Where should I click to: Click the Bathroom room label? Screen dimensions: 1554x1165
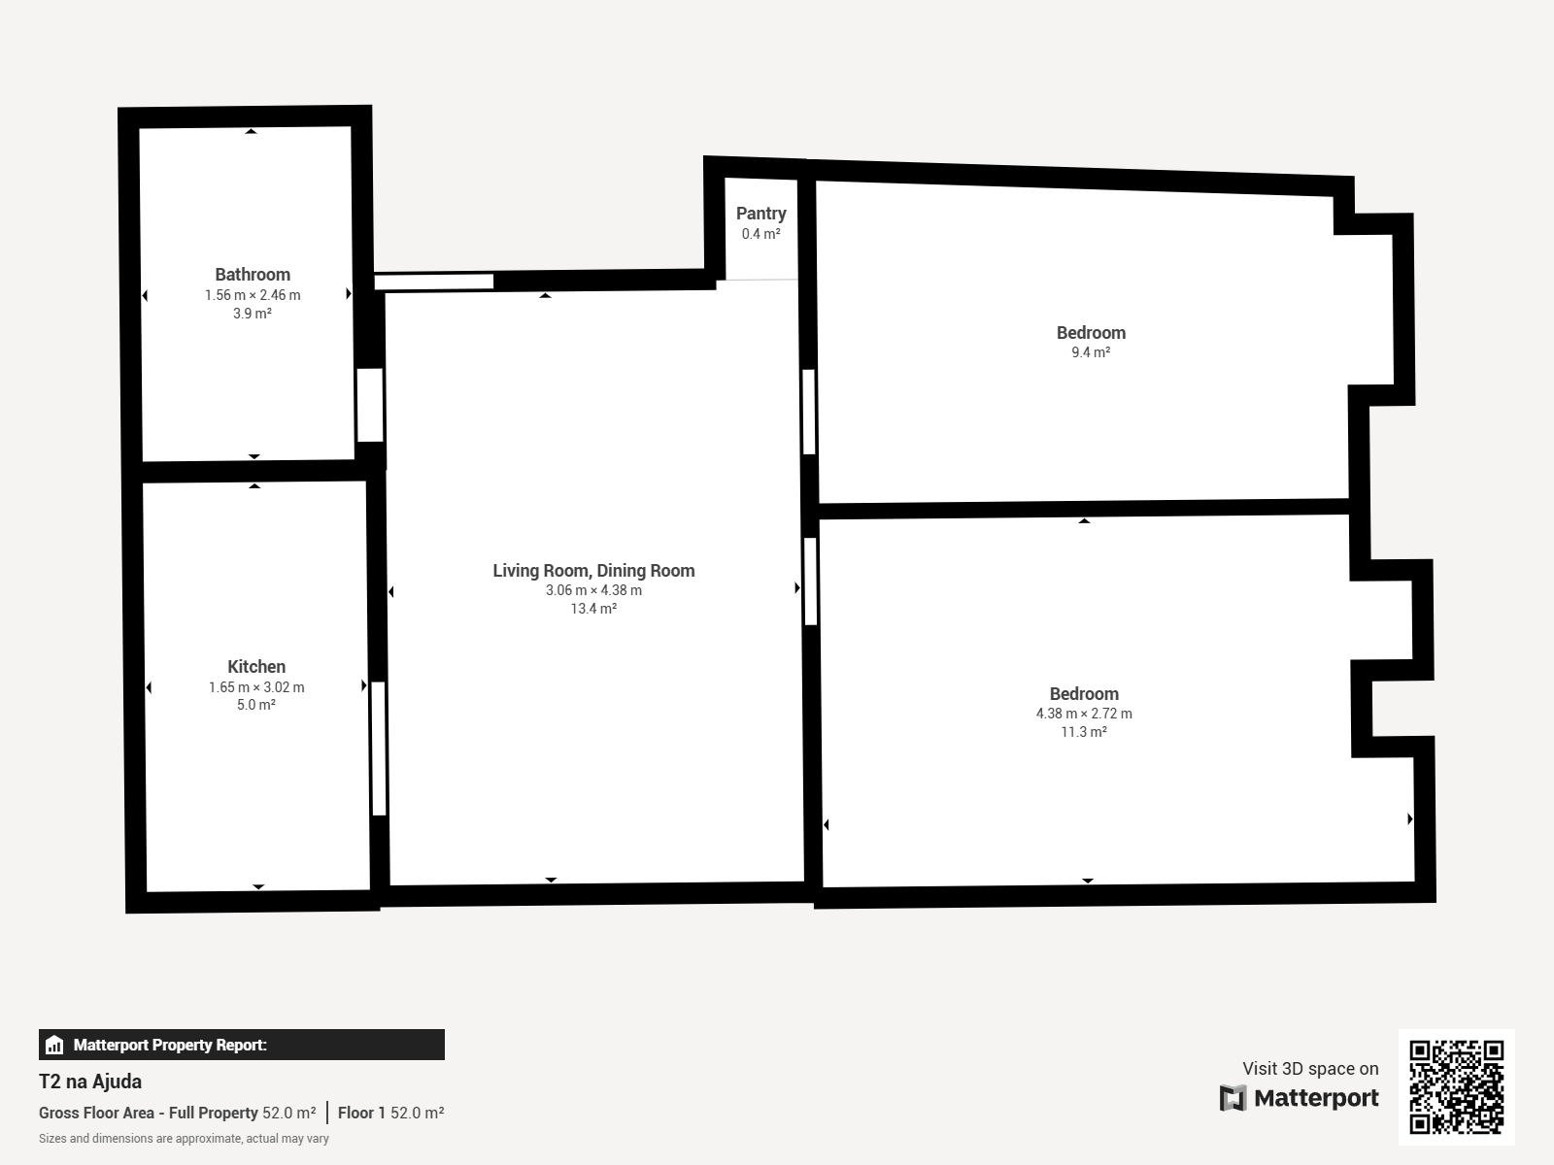point(253,275)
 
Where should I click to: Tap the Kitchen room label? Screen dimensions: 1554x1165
point(256,666)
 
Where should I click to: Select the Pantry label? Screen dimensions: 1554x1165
point(761,214)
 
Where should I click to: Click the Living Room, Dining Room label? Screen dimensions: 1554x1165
point(593,570)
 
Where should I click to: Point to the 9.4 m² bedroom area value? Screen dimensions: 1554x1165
point(1091,351)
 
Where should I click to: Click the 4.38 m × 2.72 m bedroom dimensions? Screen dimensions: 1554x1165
point(1084,713)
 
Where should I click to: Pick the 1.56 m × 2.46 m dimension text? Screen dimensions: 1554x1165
point(253,295)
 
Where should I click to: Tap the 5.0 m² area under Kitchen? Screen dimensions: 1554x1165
point(256,705)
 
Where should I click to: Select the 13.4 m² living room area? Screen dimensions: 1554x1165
point(593,609)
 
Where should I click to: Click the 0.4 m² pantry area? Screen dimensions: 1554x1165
point(761,233)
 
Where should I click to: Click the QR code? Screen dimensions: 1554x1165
point(1456,1087)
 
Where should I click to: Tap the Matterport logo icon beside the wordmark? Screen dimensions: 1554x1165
point(1233,1098)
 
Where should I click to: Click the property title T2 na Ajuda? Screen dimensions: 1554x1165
point(90,1082)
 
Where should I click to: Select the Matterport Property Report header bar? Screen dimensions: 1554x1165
point(242,1045)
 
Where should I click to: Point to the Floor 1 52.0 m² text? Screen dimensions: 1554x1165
point(390,1113)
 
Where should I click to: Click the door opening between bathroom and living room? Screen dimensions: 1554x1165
point(370,405)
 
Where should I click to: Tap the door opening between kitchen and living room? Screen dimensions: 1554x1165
point(379,749)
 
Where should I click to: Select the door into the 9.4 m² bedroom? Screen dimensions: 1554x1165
point(808,412)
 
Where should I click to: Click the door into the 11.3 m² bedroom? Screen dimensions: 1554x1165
point(811,582)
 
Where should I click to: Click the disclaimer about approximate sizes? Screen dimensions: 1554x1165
point(185,1139)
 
